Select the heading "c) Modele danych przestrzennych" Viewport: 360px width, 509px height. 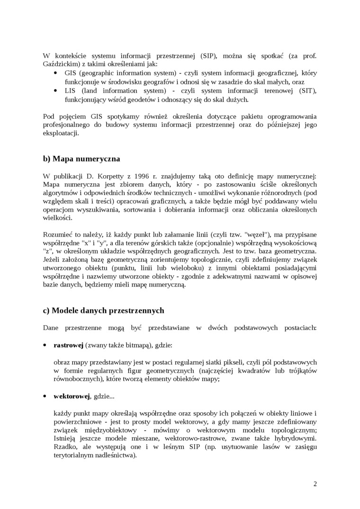tap(103, 311)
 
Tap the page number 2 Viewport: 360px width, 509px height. tap(315, 483)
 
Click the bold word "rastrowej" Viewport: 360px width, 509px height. tap(69, 346)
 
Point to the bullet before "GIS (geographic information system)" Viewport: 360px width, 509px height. tap(55, 73)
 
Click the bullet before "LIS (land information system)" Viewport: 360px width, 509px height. tap(55, 91)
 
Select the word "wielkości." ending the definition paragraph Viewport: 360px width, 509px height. tap(58, 219)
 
